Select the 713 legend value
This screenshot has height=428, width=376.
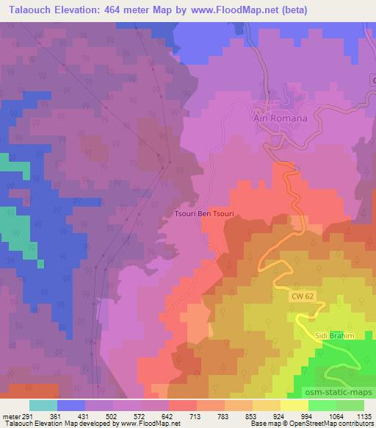[195, 415]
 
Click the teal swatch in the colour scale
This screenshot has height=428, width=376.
[43, 405]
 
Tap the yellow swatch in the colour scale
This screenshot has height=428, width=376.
[295, 405]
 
